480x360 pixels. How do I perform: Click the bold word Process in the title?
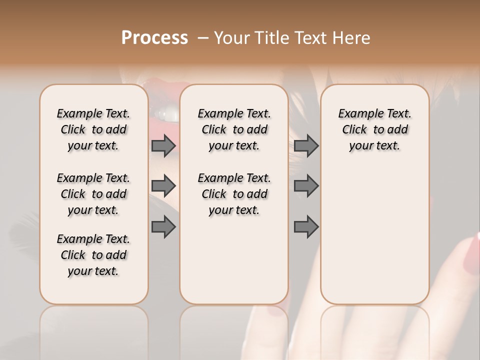point(154,38)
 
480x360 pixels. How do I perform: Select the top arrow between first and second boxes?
point(163,145)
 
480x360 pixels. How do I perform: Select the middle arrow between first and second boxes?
point(163,186)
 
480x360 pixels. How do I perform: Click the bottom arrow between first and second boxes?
point(163,227)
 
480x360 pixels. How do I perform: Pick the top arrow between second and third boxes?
point(306,145)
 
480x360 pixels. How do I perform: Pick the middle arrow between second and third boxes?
point(306,186)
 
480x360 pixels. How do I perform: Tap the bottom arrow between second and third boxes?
point(306,227)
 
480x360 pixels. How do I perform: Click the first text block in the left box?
point(93,129)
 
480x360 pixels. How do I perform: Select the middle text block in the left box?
point(93,194)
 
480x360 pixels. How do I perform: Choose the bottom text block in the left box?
point(93,255)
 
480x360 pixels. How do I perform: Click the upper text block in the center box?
point(234,129)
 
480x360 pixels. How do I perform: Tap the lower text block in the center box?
point(234,194)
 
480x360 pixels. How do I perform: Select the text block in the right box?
point(374,129)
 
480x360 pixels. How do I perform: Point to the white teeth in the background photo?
point(168,115)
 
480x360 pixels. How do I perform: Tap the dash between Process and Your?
point(202,38)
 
